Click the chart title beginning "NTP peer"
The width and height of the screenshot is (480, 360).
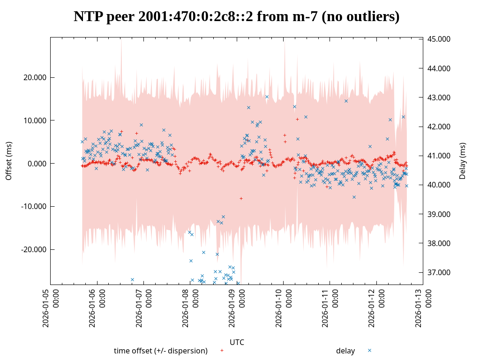coord(236,17)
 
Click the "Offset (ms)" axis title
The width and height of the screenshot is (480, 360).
coord(8,161)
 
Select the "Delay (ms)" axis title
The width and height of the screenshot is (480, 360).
coord(463,161)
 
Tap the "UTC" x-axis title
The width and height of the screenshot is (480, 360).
coord(237,342)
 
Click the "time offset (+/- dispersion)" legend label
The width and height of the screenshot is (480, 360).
coord(161,351)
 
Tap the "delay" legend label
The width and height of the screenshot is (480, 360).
coord(345,351)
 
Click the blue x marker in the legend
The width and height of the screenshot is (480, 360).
coord(369,350)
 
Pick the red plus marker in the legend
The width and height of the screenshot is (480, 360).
coord(222,350)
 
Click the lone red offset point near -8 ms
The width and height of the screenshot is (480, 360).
coord(241,198)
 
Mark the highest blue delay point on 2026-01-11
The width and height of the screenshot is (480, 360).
coord(346,101)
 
